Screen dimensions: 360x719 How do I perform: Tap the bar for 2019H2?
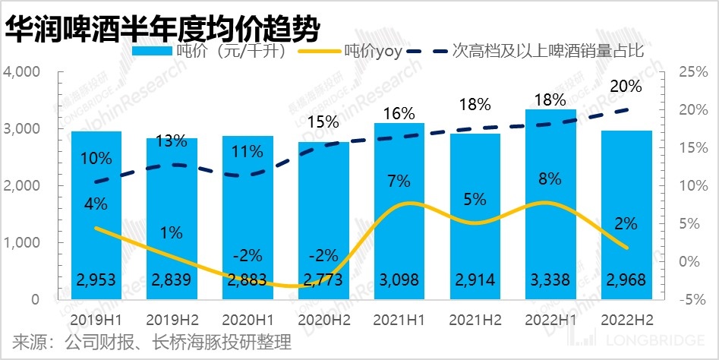(172, 228)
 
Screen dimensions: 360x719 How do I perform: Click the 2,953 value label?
(96, 280)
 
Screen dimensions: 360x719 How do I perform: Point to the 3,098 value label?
(399, 280)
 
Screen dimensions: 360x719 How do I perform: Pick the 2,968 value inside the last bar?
(626, 280)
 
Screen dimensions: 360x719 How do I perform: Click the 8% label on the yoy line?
(550, 179)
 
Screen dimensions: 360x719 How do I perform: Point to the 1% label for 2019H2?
(172, 233)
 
